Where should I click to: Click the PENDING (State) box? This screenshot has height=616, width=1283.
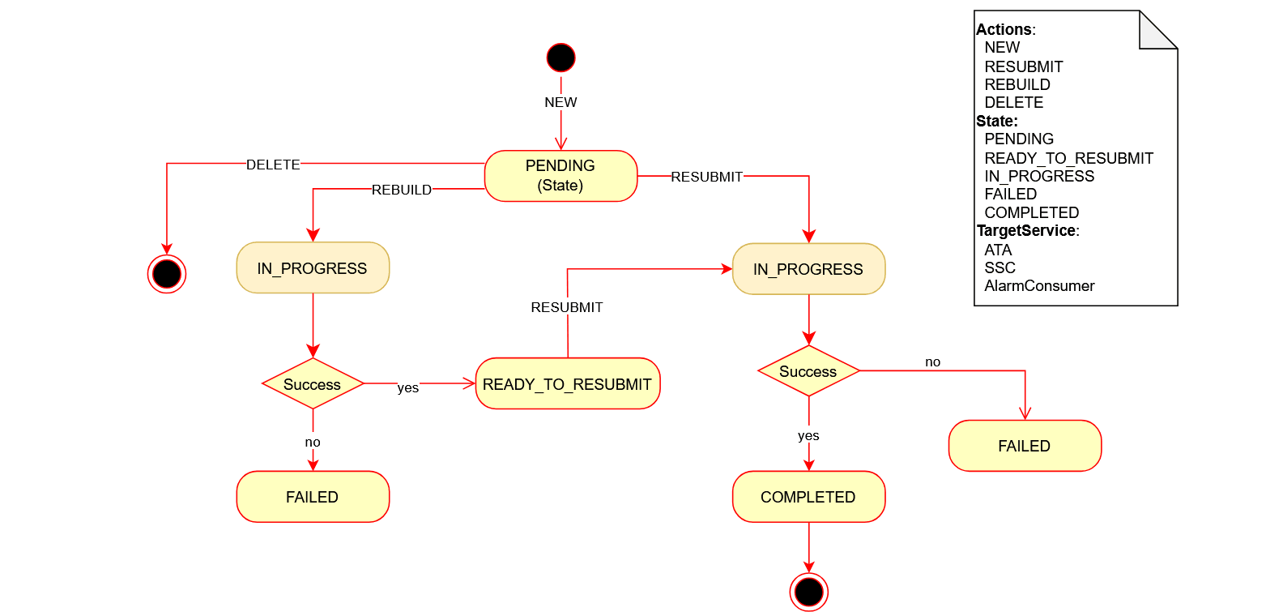(x=561, y=175)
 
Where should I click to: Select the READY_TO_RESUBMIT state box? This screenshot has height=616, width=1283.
(x=567, y=383)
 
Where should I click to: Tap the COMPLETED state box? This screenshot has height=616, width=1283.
(x=808, y=497)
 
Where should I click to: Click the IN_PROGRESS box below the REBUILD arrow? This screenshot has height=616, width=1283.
(x=313, y=267)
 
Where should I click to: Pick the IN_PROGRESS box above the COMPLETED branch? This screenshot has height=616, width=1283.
(x=808, y=269)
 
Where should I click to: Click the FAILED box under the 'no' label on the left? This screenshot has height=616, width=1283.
(x=313, y=497)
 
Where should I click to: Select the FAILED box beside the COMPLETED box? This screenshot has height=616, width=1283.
(x=1025, y=446)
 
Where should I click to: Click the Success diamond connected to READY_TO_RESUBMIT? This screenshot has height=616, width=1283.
(x=313, y=384)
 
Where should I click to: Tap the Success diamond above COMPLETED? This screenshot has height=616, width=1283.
(x=808, y=371)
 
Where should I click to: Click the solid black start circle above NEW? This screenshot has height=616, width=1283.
(x=561, y=58)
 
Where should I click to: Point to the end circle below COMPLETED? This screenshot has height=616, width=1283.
(x=808, y=592)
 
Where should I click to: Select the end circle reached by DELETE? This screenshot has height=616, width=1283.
(x=167, y=274)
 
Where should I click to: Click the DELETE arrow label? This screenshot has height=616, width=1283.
(x=273, y=165)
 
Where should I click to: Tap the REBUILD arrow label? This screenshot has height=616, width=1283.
(x=401, y=190)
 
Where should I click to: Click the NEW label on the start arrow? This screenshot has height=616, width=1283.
(x=561, y=102)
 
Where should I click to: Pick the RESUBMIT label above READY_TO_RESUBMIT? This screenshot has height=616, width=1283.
(x=567, y=307)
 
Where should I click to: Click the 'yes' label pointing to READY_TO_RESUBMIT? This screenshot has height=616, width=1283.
(x=408, y=387)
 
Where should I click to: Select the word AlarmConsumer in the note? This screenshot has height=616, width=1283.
(x=1039, y=286)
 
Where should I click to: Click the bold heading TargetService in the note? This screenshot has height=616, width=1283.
(x=1026, y=231)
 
